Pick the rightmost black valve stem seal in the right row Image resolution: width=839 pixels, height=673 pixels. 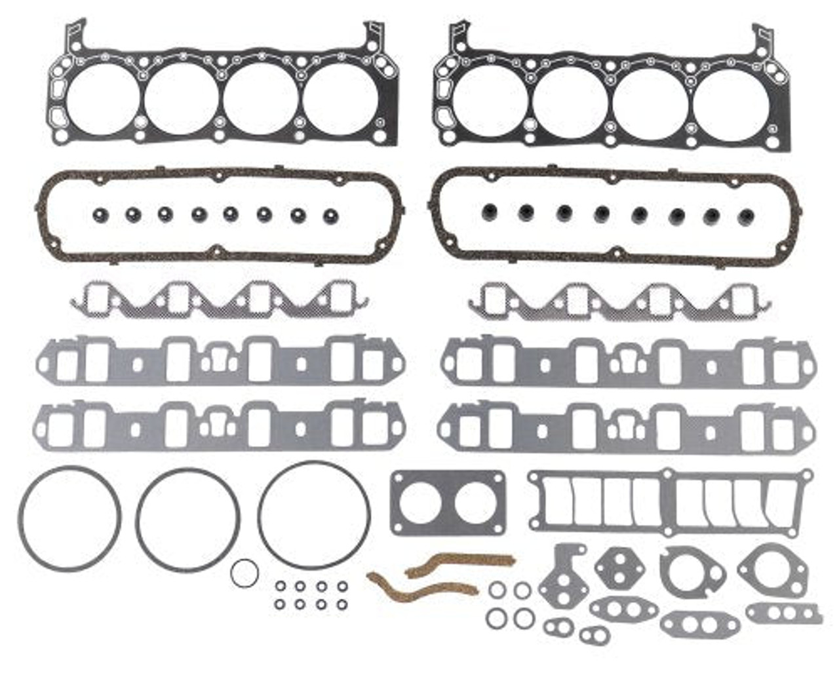click(745, 216)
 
